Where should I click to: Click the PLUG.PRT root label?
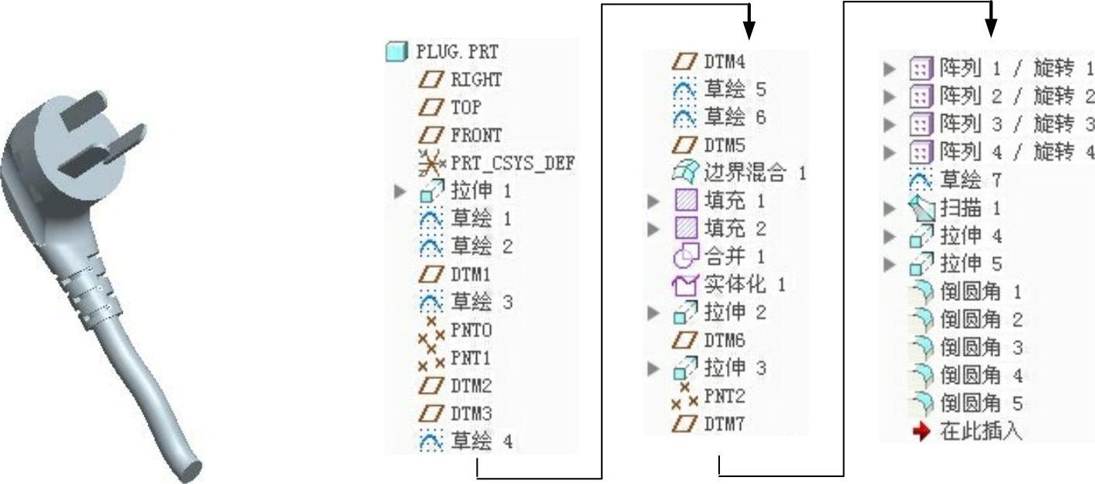pos(457,52)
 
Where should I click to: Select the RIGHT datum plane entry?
pos(475,80)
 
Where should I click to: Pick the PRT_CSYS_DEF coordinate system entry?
pos(512,164)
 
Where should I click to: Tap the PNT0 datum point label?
pos(471,330)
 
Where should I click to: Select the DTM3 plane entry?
pos(471,415)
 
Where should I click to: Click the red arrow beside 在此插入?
pos(921,432)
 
